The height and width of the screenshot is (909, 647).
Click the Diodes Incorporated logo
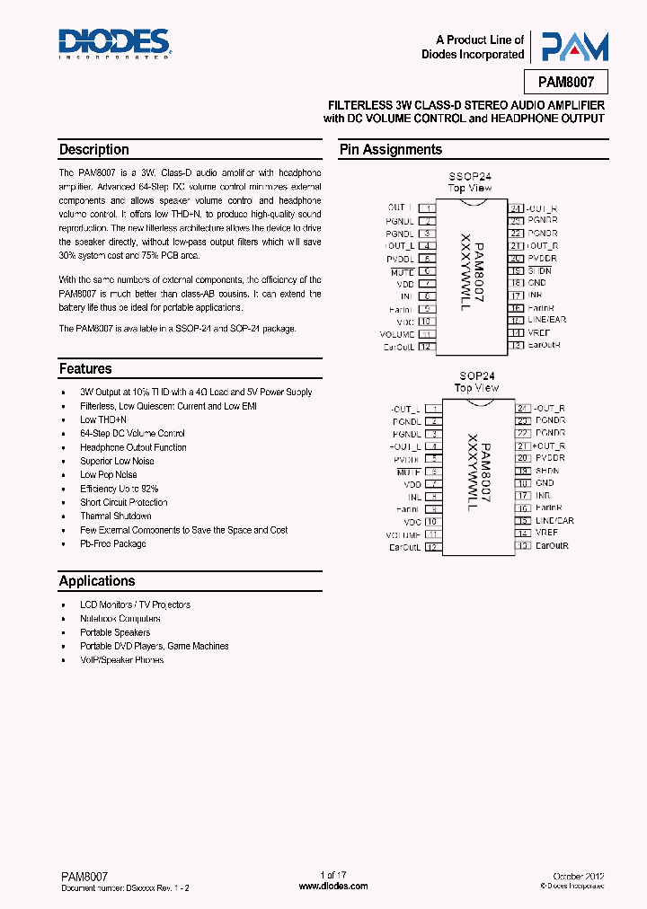[x=114, y=43]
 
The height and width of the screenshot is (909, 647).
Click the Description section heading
[x=94, y=150]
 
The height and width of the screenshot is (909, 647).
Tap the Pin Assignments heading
[x=390, y=150]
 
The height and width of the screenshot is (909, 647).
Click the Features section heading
[x=85, y=368]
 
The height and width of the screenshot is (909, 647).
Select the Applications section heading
[x=97, y=581]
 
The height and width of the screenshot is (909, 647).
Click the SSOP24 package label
[x=469, y=177]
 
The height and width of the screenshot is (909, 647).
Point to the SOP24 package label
[x=475, y=376]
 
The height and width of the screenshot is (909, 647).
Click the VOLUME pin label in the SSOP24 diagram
[x=397, y=333]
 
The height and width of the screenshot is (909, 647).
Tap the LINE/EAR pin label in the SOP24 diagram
[x=554, y=521]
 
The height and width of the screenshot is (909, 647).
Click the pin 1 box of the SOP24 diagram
[x=430, y=408]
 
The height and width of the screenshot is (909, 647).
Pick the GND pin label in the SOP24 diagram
[x=545, y=483]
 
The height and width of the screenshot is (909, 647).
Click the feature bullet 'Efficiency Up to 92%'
[x=119, y=489]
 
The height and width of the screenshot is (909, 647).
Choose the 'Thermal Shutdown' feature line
[x=115, y=516]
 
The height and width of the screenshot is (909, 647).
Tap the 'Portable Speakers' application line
[x=117, y=632]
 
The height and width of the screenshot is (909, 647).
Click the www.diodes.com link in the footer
[x=333, y=886]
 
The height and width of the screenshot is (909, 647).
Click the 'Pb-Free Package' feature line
[x=112, y=543]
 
